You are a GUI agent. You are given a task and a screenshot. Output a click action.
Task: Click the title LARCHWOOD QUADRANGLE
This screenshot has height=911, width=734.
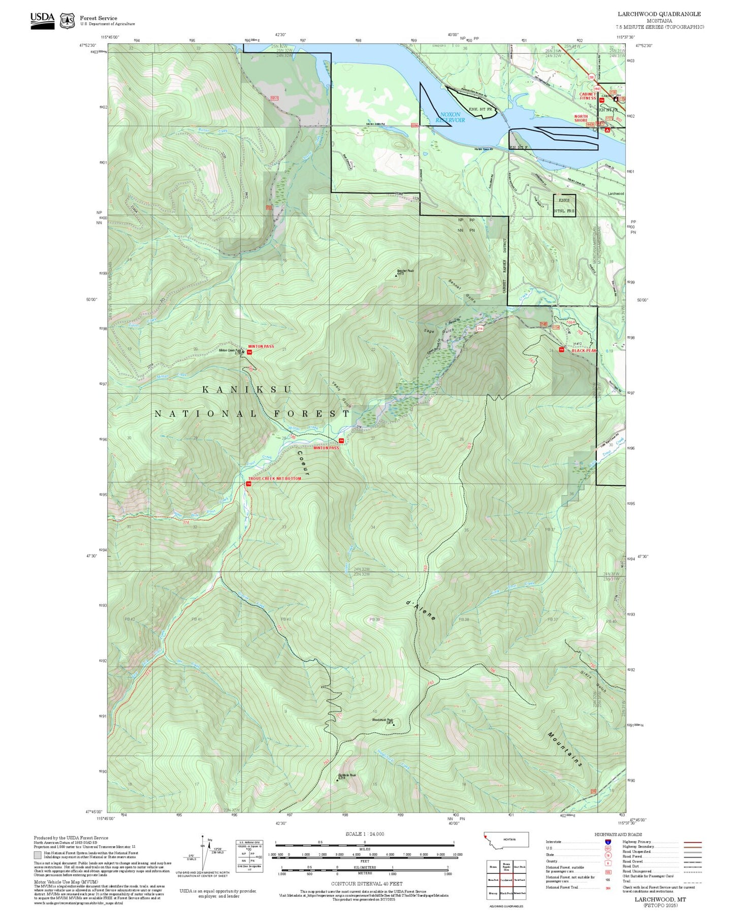pyautogui.click(x=659, y=14)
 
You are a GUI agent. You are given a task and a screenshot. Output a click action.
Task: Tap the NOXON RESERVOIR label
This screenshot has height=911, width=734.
pyautogui.click(x=450, y=117)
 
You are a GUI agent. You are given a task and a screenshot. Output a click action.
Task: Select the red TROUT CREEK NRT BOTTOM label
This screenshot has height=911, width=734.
pyautogui.click(x=274, y=478)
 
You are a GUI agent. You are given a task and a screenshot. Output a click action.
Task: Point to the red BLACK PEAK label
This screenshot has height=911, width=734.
pyautogui.click(x=584, y=350)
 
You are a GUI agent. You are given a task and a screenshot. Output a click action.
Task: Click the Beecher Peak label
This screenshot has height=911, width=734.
pyautogui.click(x=405, y=272)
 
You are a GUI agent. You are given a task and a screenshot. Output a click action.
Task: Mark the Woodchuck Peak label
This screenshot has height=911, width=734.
pyautogui.click(x=382, y=720)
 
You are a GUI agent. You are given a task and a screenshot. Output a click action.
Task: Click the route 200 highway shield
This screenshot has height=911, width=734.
pyautogui.click(x=591, y=77)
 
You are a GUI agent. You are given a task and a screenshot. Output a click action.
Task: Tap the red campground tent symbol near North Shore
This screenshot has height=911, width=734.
pyautogui.click(x=607, y=130)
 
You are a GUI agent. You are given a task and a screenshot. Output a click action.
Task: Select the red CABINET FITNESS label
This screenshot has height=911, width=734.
pyautogui.click(x=588, y=96)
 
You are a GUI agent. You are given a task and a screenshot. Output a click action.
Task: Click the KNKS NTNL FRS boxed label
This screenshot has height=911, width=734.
pyautogui.click(x=564, y=206)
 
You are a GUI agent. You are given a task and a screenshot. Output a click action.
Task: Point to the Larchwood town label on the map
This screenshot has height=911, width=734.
pyautogui.click(x=616, y=193)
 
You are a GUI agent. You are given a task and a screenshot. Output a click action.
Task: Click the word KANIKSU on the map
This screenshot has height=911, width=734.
pyautogui.click(x=247, y=389)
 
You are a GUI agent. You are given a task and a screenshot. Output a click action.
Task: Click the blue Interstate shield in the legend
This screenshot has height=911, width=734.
pyautogui.click(x=608, y=842)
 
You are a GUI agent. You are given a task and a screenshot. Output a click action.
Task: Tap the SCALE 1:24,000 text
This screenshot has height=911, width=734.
pyautogui.click(x=364, y=834)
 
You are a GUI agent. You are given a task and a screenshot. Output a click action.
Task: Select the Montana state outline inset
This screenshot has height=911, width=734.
pyautogui.click(x=506, y=839)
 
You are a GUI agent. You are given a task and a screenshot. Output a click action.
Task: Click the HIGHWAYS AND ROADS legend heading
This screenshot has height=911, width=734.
pyautogui.click(x=618, y=834)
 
